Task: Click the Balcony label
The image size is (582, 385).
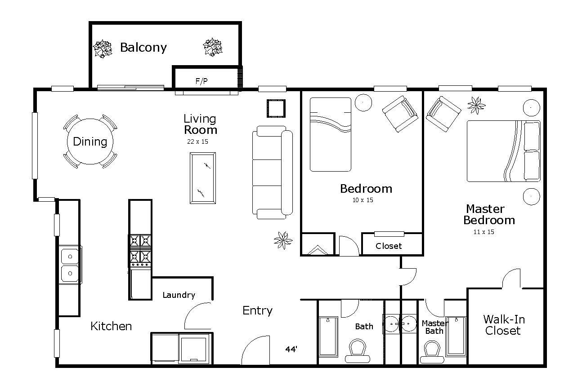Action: tap(143, 48)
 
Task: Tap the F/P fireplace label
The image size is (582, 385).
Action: tap(201, 81)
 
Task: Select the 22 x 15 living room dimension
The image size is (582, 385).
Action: tap(197, 142)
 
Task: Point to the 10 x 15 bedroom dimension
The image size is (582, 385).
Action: tap(363, 200)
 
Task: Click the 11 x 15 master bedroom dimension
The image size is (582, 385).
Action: tap(484, 232)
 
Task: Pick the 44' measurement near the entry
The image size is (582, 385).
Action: tap(291, 349)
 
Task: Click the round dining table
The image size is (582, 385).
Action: tap(90, 142)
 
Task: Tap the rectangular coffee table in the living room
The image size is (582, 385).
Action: tap(203, 178)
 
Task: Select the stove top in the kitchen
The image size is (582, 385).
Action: tap(140, 251)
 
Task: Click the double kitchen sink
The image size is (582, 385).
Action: tap(70, 265)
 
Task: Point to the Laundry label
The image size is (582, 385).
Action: tap(179, 295)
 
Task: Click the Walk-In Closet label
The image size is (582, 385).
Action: tap(504, 325)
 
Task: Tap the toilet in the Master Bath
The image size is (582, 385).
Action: tap(432, 352)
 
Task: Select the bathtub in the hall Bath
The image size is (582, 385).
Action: tap(328, 336)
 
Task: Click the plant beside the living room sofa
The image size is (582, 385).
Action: tap(283, 240)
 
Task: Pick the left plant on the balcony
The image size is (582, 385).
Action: tap(103, 49)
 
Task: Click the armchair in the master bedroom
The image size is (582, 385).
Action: tap(443, 114)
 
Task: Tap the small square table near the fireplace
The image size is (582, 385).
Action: tap(276, 108)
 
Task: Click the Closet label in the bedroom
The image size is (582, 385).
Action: tap(389, 246)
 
